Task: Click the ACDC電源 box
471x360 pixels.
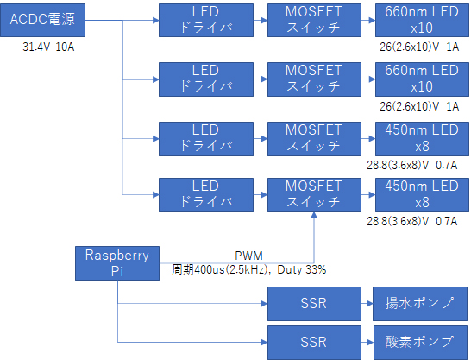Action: [x=42, y=20]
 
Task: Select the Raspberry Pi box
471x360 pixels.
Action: [x=117, y=263]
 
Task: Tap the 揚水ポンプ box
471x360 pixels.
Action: [x=420, y=304]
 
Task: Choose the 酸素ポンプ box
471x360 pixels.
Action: [x=421, y=343]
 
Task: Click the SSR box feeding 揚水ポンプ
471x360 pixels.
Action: [x=314, y=304]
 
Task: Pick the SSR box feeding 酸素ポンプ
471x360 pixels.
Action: [x=314, y=343]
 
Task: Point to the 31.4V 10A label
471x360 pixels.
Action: [x=48, y=47]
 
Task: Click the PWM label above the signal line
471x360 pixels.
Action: [x=248, y=256]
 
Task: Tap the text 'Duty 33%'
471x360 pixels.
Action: [x=302, y=269]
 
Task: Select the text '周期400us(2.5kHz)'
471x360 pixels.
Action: [x=220, y=269]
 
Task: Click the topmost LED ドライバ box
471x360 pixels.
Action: [x=206, y=20]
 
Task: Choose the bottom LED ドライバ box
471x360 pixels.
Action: [x=206, y=195]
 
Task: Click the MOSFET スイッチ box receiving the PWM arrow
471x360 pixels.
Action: [x=314, y=195]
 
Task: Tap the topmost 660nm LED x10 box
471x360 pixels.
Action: [x=422, y=20]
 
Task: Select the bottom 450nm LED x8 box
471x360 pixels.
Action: [x=422, y=195]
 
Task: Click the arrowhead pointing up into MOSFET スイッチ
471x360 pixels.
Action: [x=314, y=215]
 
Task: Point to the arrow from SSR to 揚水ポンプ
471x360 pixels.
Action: [x=367, y=304]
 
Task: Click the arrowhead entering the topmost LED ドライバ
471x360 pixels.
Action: [x=156, y=20]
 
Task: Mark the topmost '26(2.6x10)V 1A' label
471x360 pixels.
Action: [x=419, y=47]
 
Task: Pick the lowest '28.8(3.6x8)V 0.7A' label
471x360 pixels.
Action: [x=412, y=221]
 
